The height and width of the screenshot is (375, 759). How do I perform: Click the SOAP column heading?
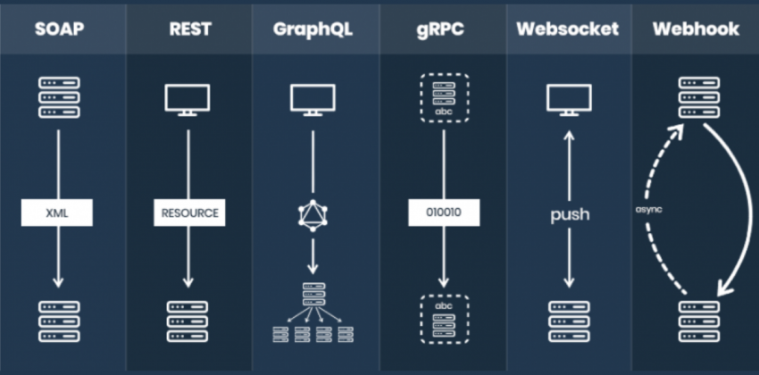[60, 29]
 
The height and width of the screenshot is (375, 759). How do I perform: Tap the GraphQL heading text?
[313, 29]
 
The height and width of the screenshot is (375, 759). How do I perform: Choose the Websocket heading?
[567, 29]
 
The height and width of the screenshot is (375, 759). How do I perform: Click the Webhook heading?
[696, 29]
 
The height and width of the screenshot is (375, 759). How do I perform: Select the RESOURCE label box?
[188, 214]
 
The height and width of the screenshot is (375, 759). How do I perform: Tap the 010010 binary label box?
[443, 214]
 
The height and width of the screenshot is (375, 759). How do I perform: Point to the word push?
[568, 215]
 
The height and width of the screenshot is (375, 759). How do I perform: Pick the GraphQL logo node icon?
[313, 215]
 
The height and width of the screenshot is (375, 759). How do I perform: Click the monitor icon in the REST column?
[188, 99]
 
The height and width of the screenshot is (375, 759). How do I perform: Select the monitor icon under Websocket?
[568, 99]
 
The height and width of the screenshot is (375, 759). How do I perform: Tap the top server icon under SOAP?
[60, 96]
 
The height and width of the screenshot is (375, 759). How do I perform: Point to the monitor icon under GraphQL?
[313, 99]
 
